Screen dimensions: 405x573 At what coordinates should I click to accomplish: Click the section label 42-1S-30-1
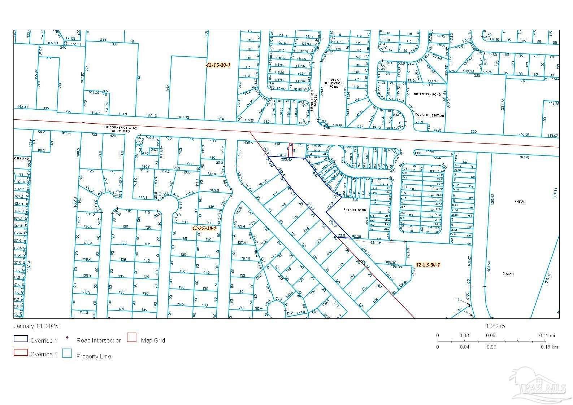(218, 65)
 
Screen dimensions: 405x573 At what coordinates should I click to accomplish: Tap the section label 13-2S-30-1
(204, 228)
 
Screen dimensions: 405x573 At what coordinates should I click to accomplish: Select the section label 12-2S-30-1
(428, 264)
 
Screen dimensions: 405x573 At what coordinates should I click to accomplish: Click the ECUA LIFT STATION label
(429, 115)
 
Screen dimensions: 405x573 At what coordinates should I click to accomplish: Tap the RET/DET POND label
(355, 210)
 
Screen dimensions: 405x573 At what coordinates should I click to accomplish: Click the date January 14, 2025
(36, 326)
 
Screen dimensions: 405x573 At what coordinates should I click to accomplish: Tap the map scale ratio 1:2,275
(495, 326)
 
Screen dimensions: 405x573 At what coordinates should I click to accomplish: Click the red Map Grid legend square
(132, 338)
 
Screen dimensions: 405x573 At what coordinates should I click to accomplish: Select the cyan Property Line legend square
(67, 353)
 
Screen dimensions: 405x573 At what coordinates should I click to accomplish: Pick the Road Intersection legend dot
(68, 338)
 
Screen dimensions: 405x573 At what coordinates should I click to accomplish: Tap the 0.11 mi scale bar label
(547, 335)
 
